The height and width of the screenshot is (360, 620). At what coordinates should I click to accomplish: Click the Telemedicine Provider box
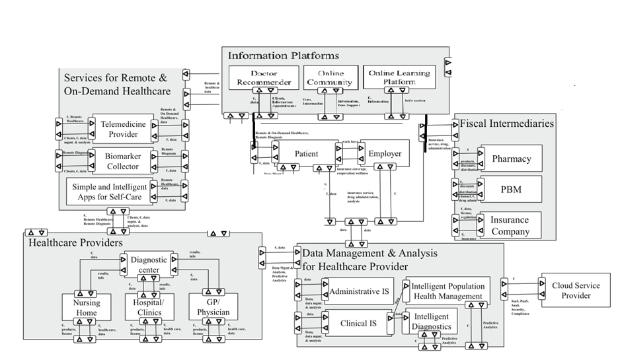tap(123, 129)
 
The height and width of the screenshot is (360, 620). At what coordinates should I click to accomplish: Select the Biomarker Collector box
tap(122, 161)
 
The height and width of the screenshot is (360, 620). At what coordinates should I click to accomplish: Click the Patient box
tap(305, 154)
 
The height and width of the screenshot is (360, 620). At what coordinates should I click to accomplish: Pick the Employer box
tap(385, 154)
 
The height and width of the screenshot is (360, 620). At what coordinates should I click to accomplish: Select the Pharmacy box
tap(511, 159)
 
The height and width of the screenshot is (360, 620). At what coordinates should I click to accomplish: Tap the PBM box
tap(511, 190)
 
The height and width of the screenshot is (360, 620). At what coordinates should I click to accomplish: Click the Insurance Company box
tap(510, 225)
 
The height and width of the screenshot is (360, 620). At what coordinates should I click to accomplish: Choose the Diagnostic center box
tap(149, 264)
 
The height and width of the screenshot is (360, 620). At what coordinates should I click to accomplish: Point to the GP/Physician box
tap(213, 307)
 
